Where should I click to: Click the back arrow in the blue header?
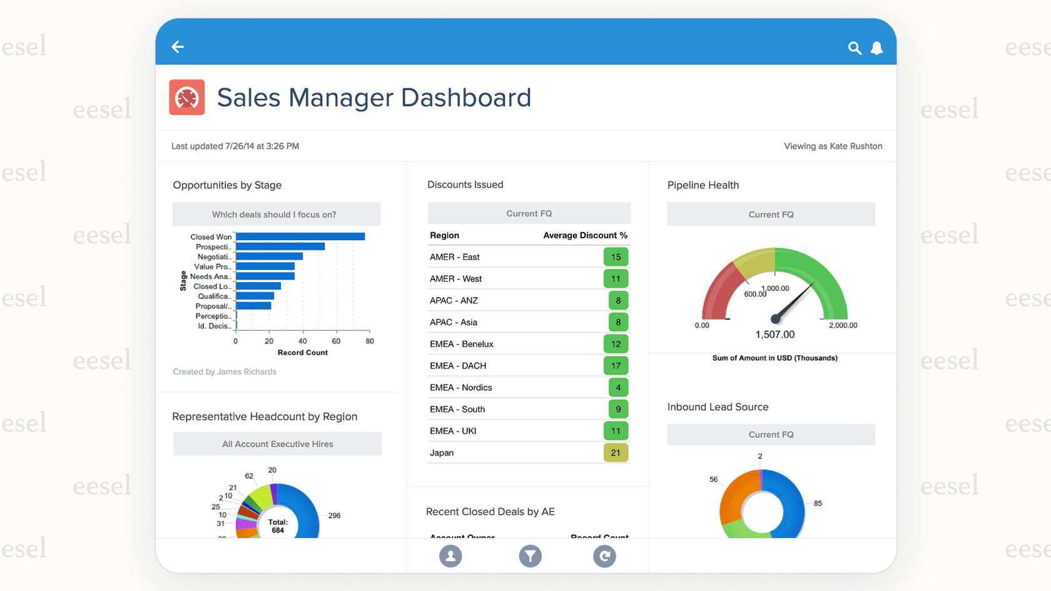178,47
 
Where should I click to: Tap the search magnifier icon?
854,48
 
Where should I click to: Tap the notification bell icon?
876,48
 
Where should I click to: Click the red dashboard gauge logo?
187,98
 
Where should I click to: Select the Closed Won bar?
300,236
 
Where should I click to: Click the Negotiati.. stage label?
214,256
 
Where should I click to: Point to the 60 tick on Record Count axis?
336,341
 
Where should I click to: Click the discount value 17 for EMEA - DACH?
616,366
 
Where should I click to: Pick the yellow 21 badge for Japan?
616,453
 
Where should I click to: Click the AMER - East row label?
455,257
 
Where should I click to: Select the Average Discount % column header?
585,235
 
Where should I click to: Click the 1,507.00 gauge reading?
774,335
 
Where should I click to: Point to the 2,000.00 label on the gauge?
843,325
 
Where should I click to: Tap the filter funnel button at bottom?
530,556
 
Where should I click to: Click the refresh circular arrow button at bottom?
604,556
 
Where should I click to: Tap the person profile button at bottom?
450,556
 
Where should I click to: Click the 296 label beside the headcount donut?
334,516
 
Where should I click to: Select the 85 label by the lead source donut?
818,503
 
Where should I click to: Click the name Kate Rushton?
855,146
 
